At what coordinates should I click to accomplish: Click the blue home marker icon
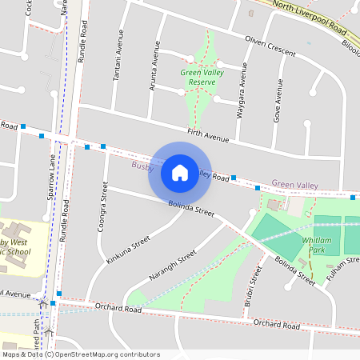click(180, 172)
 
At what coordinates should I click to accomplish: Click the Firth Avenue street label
click(209, 135)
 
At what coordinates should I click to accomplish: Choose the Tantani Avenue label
click(118, 58)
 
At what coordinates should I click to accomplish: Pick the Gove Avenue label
click(279, 100)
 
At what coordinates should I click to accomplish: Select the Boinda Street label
click(192, 207)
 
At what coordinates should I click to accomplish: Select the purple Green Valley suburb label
click(294, 185)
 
